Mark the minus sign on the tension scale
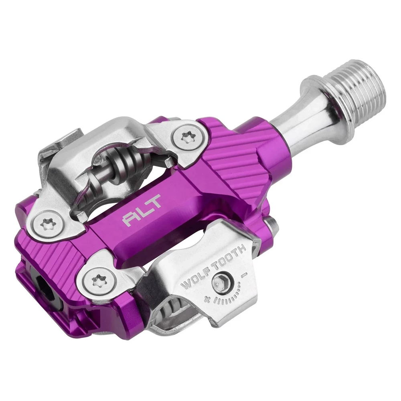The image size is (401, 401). (244, 276)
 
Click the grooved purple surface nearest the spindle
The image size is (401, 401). (237, 160)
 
